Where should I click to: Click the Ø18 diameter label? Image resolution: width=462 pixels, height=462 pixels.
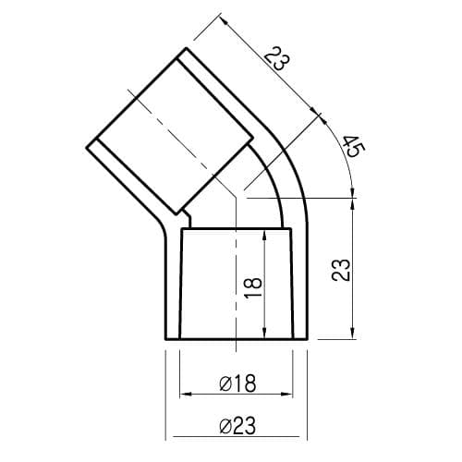[x=237, y=383]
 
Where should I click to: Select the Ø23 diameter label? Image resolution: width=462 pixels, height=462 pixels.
[x=237, y=426]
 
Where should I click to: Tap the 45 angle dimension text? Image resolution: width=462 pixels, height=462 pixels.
[x=354, y=146]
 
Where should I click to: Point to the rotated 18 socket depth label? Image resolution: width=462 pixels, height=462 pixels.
[x=253, y=287]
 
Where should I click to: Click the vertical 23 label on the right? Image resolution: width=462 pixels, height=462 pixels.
[x=341, y=270]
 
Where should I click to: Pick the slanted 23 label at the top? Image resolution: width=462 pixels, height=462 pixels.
[x=277, y=58]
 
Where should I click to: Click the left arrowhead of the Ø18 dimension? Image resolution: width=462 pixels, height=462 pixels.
[x=186, y=394]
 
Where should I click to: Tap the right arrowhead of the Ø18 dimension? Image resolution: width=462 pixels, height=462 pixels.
[x=286, y=394]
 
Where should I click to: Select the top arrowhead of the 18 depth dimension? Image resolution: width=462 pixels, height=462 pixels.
[x=264, y=236]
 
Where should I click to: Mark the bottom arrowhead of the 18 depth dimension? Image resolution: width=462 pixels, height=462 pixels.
[x=264, y=333]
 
